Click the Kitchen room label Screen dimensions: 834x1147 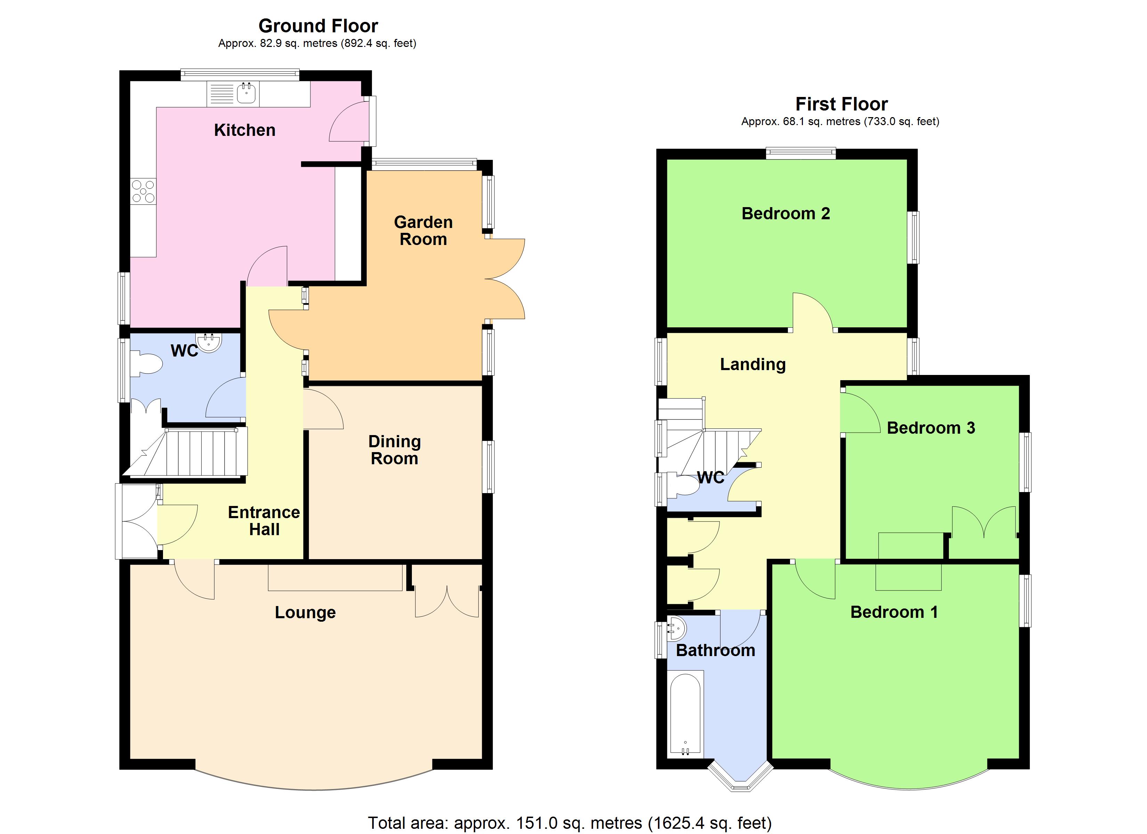pos(245,131)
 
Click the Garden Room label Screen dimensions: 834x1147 pos(423,231)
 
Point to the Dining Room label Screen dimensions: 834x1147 pos(394,450)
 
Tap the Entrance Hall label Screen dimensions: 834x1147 pos(264,521)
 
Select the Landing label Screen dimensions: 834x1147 pos(753,364)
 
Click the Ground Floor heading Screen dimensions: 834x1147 pos(318,26)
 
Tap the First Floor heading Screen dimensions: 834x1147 pos(841,104)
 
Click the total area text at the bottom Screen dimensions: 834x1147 pos(569,823)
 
